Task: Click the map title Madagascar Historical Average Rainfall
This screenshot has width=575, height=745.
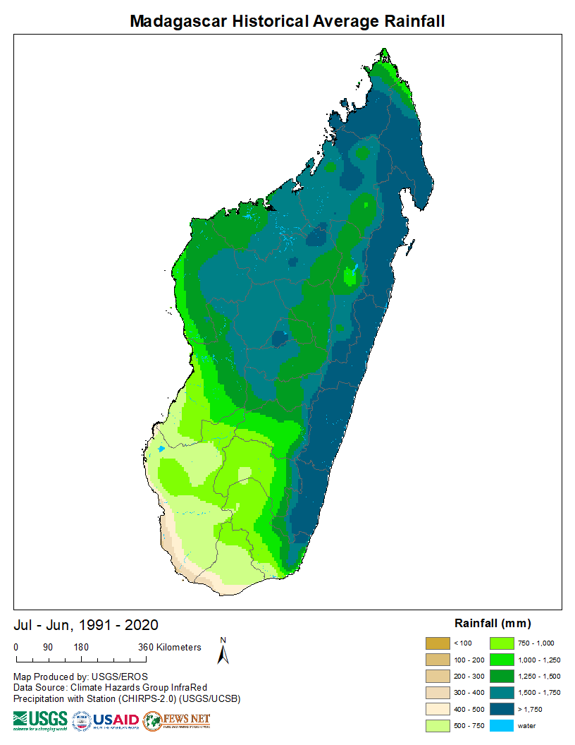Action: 287,22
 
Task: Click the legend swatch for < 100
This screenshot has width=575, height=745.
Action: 437,643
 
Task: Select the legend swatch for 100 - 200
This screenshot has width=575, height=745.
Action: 437,660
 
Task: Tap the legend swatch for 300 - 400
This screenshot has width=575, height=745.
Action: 437,693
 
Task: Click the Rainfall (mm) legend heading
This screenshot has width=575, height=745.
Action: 493,624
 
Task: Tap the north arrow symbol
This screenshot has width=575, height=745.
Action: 223,652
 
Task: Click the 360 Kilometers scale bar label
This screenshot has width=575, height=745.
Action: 170,648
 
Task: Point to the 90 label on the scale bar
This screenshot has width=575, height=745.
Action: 48,648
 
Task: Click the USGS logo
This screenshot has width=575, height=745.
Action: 40,720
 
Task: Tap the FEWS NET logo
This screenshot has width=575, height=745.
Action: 177,720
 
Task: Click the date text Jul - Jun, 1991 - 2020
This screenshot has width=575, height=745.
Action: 86,625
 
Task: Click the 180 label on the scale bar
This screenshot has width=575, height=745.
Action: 80,648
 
